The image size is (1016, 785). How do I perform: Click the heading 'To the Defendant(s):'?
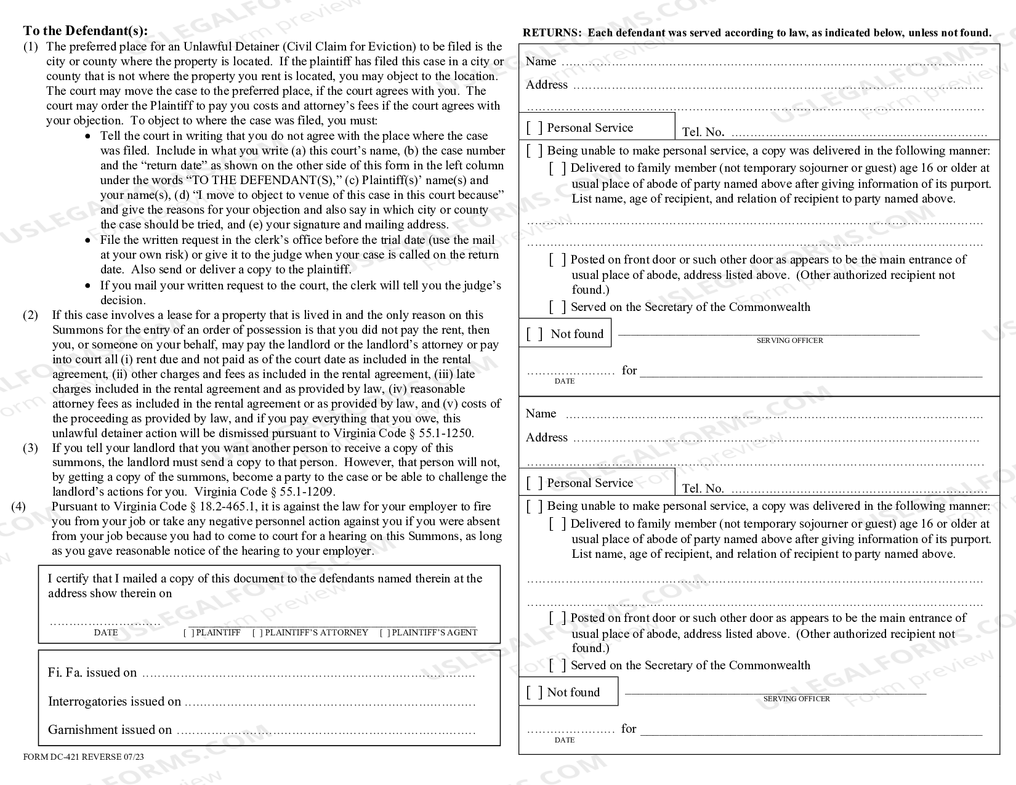coord(85,31)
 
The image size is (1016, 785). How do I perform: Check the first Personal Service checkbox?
coord(534,128)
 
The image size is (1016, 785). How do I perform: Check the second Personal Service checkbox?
coord(534,483)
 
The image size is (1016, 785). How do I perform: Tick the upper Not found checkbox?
coord(534,334)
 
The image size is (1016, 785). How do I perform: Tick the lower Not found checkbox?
coord(534,693)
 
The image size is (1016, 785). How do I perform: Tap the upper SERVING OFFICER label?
coord(789,340)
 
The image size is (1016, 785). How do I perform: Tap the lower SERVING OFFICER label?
coord(796,699)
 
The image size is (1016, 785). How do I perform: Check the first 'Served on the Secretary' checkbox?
coord(557,307)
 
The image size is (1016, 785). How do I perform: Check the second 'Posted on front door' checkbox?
coord(557,618)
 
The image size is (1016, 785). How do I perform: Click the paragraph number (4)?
coord(18,507)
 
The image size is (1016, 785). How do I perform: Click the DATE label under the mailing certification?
coord(105,633)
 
